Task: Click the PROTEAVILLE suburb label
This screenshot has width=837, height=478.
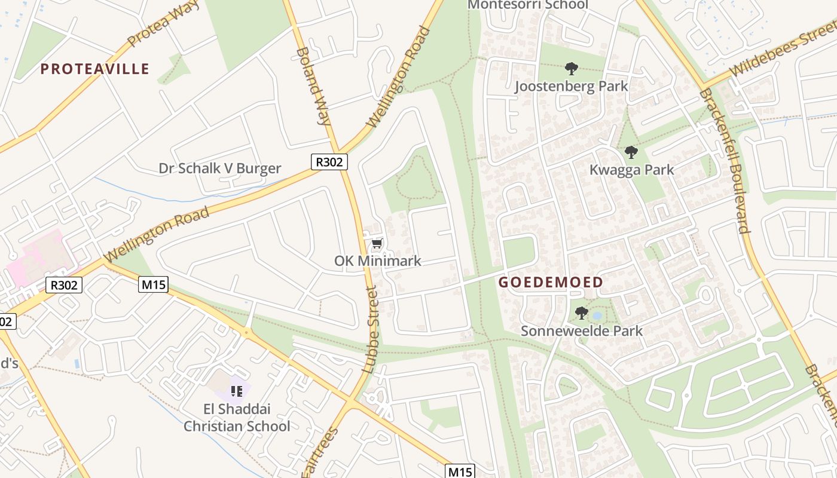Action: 94,69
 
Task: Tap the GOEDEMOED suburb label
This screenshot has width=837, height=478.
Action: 551,282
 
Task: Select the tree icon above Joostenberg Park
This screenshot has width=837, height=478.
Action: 571,69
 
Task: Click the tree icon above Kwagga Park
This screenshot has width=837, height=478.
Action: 631,152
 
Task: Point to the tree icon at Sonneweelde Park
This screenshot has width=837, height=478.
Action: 581,313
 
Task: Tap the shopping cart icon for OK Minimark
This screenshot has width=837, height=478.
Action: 377,244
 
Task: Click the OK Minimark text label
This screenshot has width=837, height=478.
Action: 377,261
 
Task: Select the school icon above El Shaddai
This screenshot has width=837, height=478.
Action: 236,391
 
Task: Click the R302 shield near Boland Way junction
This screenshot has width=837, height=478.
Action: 329,161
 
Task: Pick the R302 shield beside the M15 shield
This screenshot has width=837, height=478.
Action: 64,285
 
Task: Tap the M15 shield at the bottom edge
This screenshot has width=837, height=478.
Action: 460,471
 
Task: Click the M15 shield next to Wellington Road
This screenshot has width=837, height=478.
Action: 154,285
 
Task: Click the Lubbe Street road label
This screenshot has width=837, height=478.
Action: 371,330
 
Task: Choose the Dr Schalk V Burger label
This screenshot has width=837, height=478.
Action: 219,168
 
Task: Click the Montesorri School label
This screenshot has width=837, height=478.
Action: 527,5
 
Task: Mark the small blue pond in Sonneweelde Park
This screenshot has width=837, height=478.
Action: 596,315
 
